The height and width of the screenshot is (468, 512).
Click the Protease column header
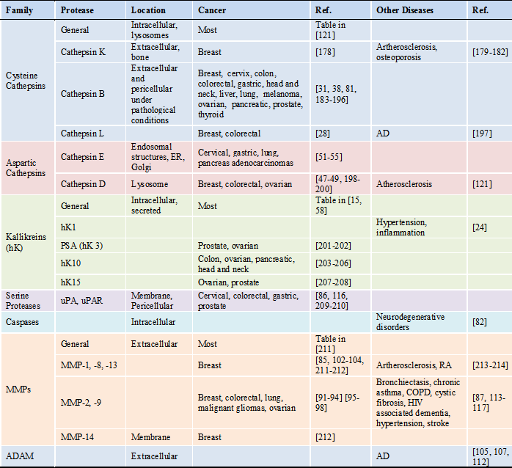click(77, 11)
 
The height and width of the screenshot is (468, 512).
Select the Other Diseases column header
click(404, 11)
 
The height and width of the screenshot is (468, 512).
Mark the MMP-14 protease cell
click(79, 436)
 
